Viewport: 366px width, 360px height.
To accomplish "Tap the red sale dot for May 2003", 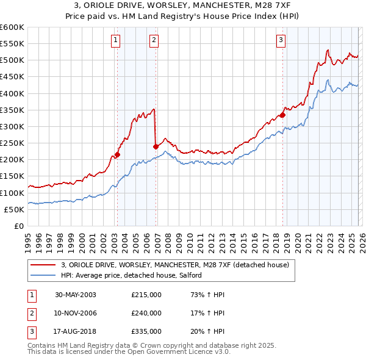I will pyautogui.click(x=118, y=154).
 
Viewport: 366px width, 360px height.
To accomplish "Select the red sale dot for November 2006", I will pyautogui.click(x=156, y=146).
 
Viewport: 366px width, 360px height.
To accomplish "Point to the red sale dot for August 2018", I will pyautogui.click(x=283, y=115).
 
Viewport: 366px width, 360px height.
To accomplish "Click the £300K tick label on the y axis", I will pyautogui.click(x=12, y=126).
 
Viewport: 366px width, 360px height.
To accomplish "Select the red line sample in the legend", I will pyautogui.click(x=43, y=265).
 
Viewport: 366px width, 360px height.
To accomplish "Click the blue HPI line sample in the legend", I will pyautogui.click(x=43, y=276).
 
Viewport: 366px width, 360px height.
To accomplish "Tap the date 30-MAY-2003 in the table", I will pyautogui.click(x=76, y=295).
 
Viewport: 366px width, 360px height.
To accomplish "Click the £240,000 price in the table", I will pyautogui.click(x=146, y=313).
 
